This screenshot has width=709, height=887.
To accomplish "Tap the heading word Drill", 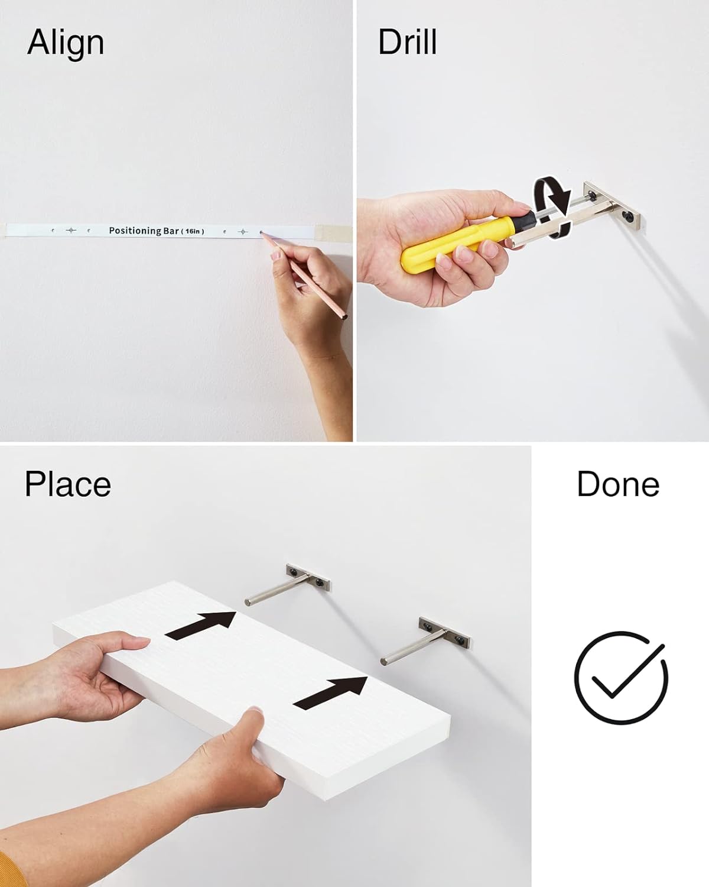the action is [407, 42].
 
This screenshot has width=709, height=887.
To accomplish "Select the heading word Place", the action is [67, 485].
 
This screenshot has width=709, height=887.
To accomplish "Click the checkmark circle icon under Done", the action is [621, 678].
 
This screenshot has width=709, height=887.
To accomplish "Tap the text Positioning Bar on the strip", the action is [144, 231].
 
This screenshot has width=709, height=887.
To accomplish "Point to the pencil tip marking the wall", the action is [261, 234].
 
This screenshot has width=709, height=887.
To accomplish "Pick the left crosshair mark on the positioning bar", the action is [71, 230].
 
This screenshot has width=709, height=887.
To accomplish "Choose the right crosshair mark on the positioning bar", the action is [243, 232].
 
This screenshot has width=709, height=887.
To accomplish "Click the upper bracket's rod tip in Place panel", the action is [248, 601].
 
